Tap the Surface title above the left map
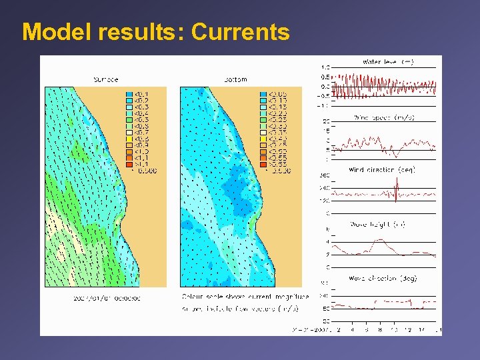(105, 79)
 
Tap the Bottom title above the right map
(235, 79)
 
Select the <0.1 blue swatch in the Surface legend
(130, 93)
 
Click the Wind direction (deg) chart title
(382, 170)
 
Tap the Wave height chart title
(382, 223)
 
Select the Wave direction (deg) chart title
(382, 278)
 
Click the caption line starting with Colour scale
(245, 296)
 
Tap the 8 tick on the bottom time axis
(379, 329)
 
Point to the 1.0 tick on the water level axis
(325, 67)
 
